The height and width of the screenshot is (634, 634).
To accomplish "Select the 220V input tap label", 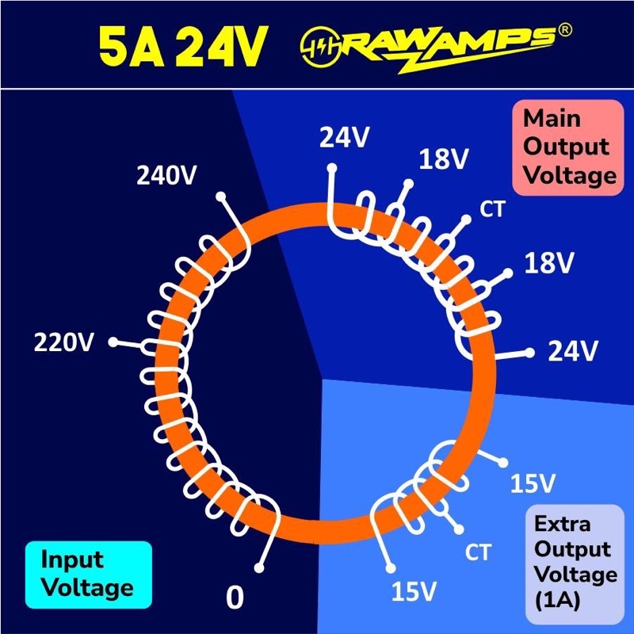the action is (63, 342).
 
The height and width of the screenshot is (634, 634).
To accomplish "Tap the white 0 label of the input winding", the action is (235, 597).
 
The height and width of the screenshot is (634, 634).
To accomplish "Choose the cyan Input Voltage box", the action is (87, 573).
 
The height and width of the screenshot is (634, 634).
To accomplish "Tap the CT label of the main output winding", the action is (492, 208).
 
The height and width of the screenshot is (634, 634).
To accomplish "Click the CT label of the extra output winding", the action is (478, 551).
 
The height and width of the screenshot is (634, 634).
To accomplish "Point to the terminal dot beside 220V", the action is (113, 342).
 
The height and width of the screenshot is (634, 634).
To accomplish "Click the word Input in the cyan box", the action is (73, 560).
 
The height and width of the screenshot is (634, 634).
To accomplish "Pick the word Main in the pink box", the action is (552, 119).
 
